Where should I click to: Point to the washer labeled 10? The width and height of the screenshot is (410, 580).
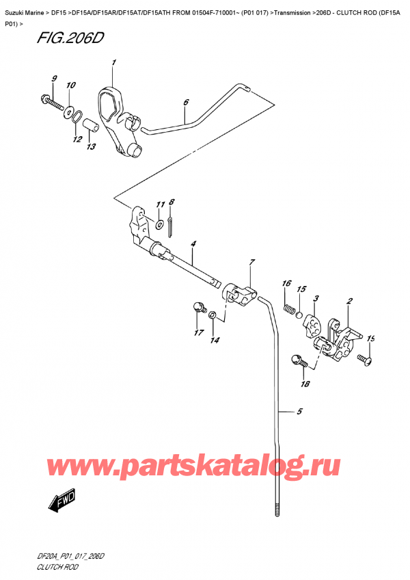70,109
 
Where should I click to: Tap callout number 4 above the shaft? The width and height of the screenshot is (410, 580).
193,243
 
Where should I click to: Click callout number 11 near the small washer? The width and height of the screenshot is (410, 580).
159,205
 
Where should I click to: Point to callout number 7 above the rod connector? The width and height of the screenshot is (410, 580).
251,263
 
